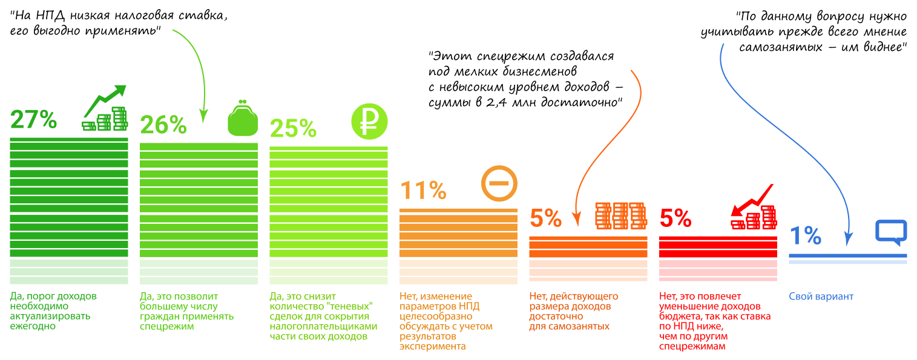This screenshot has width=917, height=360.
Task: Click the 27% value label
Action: coord(33,120)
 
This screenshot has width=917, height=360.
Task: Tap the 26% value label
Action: coord(163,125)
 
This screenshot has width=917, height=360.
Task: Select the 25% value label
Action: coord(293,128)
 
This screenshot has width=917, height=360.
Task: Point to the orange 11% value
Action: coord(423,191)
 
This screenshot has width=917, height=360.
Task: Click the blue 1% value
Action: coord(805,236)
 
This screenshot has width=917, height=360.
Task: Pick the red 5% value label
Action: coord(675,218)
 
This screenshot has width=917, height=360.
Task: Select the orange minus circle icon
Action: coord(500,184)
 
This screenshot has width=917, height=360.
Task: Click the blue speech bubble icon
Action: coord(891,232)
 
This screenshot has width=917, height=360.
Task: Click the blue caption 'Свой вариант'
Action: coord(821,296)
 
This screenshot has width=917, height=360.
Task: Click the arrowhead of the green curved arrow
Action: coord(203,115)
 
